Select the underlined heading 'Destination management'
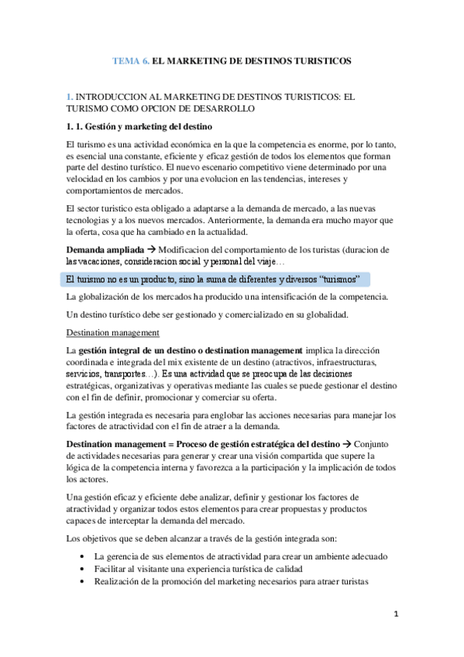[x=113, y=333]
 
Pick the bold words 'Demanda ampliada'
[x=104, y=250]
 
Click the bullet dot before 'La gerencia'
[x=83, y=557]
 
